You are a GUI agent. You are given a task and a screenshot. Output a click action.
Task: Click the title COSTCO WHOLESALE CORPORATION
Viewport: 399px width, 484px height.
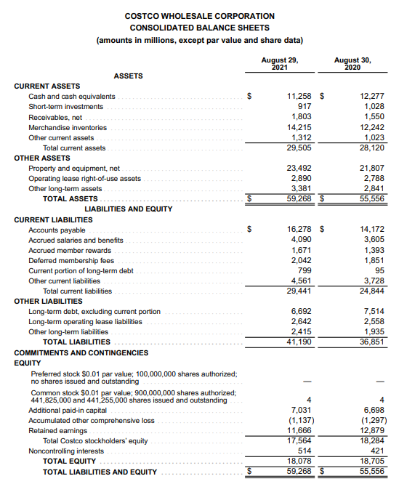(200, 15)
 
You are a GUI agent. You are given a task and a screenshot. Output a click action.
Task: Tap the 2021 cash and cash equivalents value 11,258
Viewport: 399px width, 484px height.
(299, 96)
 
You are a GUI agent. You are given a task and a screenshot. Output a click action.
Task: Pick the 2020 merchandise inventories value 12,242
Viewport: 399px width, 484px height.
(371, 127)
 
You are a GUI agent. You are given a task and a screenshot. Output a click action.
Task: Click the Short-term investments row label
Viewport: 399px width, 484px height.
(65, 107)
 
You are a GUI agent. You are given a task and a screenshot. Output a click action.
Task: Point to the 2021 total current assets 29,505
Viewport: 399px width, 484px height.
(299, 148)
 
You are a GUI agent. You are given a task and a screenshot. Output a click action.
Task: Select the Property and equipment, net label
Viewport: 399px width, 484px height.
(74, 168)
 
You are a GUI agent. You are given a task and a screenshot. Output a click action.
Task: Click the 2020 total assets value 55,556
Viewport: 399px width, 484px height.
(371, 198)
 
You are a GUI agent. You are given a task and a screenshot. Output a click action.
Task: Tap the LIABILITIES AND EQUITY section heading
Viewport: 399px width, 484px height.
(129, 209)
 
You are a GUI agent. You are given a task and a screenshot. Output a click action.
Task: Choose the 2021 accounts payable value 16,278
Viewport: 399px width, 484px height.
(299, 229)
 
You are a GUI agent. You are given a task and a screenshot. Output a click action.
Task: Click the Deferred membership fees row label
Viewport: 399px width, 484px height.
(71, 260)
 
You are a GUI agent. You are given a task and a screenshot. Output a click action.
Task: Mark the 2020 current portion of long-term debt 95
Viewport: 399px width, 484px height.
(377, 270)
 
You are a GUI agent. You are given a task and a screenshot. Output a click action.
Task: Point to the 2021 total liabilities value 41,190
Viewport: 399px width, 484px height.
(299, 341)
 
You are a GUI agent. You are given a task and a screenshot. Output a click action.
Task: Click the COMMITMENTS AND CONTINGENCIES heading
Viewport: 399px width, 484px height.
(81, 352)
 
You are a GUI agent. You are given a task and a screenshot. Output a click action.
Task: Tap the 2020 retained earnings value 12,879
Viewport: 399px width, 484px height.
(371, 430)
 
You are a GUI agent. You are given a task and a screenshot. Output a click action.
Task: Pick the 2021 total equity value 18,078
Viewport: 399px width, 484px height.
(299, 461)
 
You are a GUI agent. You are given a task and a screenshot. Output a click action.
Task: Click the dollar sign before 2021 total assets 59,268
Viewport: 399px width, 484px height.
(251, 198)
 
